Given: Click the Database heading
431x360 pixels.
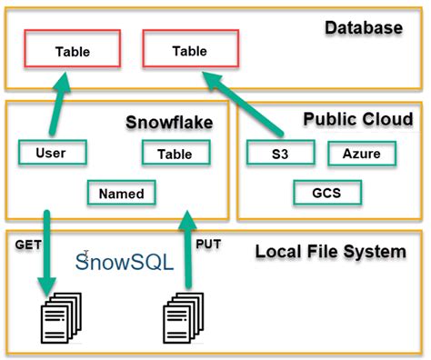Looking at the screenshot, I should point(363,28).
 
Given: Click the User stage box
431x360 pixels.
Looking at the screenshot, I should point(51,153).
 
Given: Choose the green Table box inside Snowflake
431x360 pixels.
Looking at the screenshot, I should point(174,155).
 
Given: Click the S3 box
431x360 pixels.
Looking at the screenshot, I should point(279,155).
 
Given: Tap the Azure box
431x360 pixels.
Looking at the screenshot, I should point(361,155).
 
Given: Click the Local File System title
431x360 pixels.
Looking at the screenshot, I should point(329,251).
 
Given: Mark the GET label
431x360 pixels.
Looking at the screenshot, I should point(27,245).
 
